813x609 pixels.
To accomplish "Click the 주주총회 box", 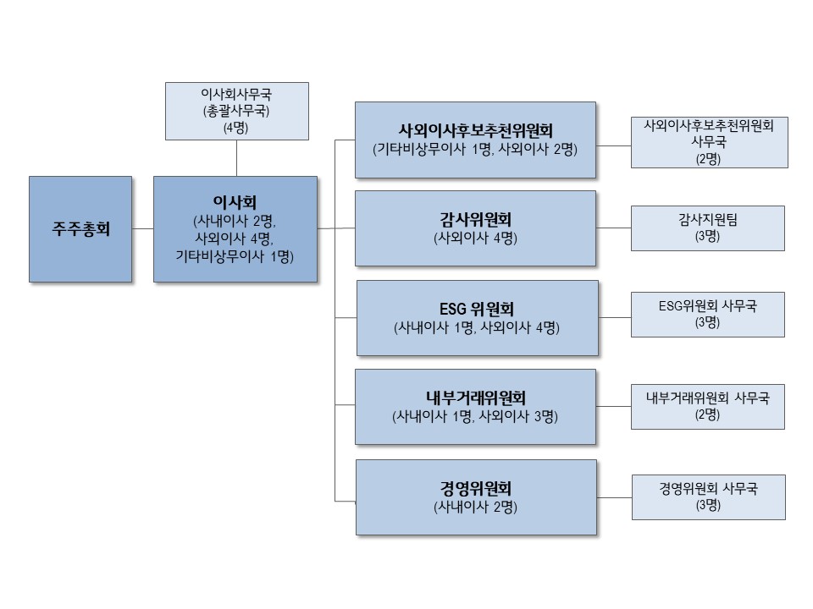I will tap(80, 229).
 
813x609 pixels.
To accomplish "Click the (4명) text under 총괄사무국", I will tap(236, 128).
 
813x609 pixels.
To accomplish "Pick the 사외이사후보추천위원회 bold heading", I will tap(475, 131).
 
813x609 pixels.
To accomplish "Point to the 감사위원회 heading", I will tap(475, 220).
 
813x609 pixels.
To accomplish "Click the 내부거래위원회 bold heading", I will tap(475, 398).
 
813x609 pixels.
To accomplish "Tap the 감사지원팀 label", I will tap(708, 220).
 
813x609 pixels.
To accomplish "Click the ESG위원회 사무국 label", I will tap(708, 306).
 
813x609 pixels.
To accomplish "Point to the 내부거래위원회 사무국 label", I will tap(708, 398).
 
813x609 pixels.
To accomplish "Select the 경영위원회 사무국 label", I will tap(708, 488).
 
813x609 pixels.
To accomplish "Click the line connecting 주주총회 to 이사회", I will tap(142, 228).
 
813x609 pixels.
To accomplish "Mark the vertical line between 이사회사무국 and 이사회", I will tap(236, 157).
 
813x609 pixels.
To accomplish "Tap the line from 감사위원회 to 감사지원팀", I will tap(613, 228).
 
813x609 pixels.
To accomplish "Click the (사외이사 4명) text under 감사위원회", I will tap(475, 239).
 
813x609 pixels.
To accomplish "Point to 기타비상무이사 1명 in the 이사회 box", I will tap(235, 255).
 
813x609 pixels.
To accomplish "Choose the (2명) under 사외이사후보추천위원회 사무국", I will tap(708, 159).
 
